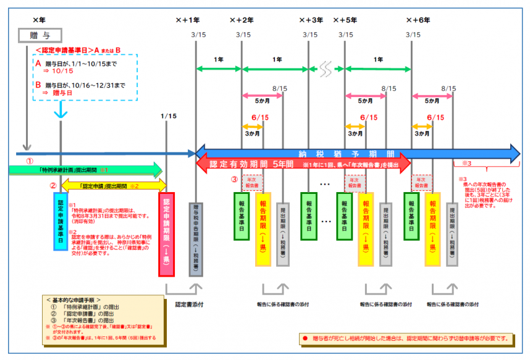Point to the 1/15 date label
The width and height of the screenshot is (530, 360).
pos(167,115)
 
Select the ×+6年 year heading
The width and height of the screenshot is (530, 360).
pos(418,20)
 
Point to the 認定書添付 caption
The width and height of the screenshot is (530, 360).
pos(188,304)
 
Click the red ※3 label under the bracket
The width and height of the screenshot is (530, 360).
pos(466,164)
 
